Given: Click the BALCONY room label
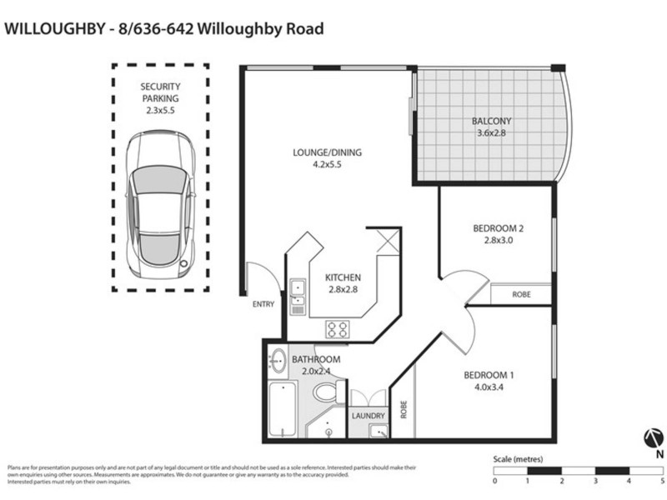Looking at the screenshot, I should [x=490, y=119].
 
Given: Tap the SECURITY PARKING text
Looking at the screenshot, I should [x=160, y=92].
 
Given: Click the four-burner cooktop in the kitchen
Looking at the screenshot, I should [x=338, y=327].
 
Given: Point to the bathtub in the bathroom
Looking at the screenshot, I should [x=282, y=410].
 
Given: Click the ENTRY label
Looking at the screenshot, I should [x=263, y=304].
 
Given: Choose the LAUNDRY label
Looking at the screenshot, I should [x=369, y=415].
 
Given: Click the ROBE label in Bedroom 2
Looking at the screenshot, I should [x=521, y=294].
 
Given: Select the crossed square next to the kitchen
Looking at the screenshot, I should [x=387, y=242].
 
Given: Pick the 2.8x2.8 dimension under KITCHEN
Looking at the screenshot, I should [x=342, y=289].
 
